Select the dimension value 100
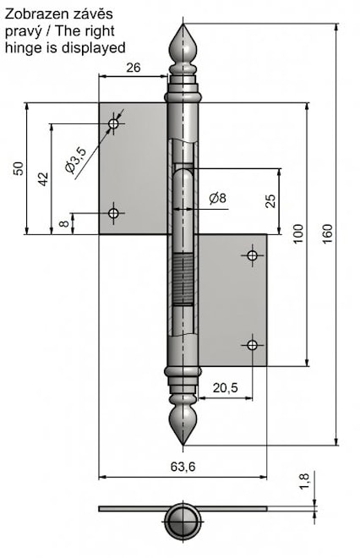(x=297, y=234)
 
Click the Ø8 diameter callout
(x=217, y=199)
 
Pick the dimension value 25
(x=270, y=200)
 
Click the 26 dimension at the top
(x=132, y=68)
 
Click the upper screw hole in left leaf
(x=114, y=124)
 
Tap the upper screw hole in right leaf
(x=252, y=255)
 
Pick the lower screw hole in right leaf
(x=252, y=343)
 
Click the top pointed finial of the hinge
(x=185, y=43)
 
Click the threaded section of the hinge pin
(x=185, y=280)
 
